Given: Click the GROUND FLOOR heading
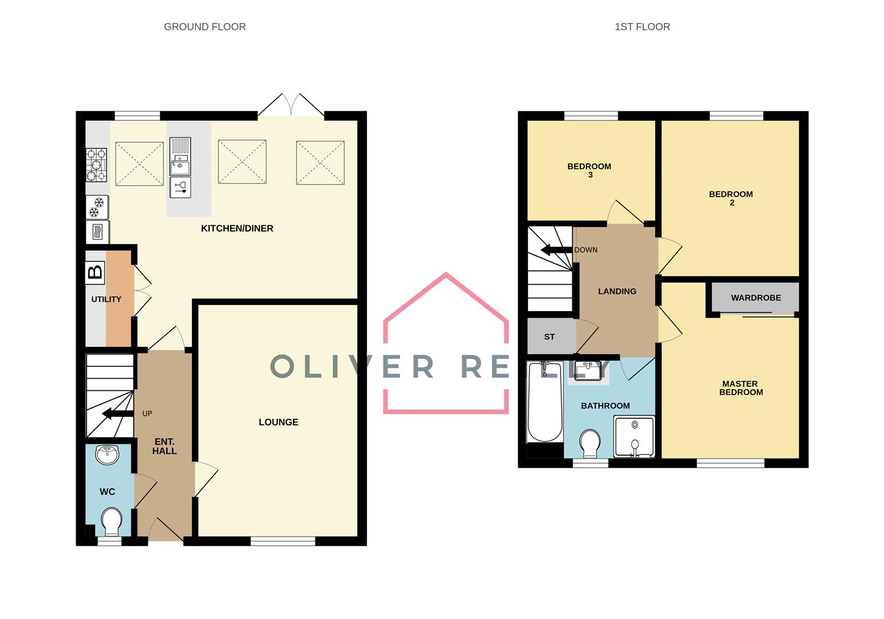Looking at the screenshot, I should tap(205, 26).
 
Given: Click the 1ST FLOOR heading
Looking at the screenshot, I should tap(642, 26).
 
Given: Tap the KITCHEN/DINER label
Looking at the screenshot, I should tap(237, 228).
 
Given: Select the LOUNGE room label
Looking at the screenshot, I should tap(278, 422).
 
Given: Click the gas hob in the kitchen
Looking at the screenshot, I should tap(96, 164).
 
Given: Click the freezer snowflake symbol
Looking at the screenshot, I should tap(97, 207).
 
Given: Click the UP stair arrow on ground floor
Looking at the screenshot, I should tap(114, 414).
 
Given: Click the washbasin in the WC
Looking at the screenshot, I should tap(108, 455).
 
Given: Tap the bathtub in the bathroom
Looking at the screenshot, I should tap(545, 401).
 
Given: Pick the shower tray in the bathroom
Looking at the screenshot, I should tap(634, 437).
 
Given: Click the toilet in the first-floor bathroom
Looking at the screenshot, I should tap(590, 444).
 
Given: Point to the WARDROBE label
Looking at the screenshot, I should tap(756, 297).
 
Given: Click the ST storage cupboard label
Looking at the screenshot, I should tap(549, 336).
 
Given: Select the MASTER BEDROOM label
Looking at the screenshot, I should tap(741, 388).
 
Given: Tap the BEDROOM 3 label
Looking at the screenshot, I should tap(589, 170).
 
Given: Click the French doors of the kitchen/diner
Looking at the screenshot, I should tap(291, 107).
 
